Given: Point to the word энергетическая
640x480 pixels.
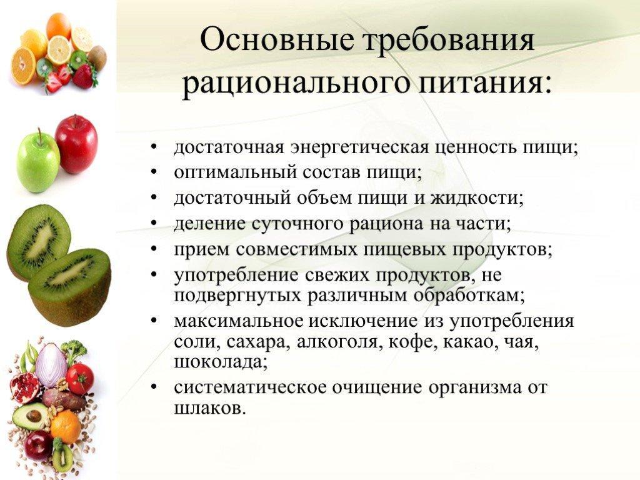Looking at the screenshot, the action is [x=360, y=147].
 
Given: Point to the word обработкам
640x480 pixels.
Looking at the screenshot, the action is [x=469, y=295].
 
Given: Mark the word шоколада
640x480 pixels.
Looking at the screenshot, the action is [x=221, y=362].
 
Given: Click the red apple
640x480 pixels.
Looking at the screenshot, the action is [x=76, y=144].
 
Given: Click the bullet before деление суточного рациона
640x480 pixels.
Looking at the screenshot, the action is [x=154, y=224].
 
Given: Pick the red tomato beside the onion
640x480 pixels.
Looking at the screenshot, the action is [x=80, y=378].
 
